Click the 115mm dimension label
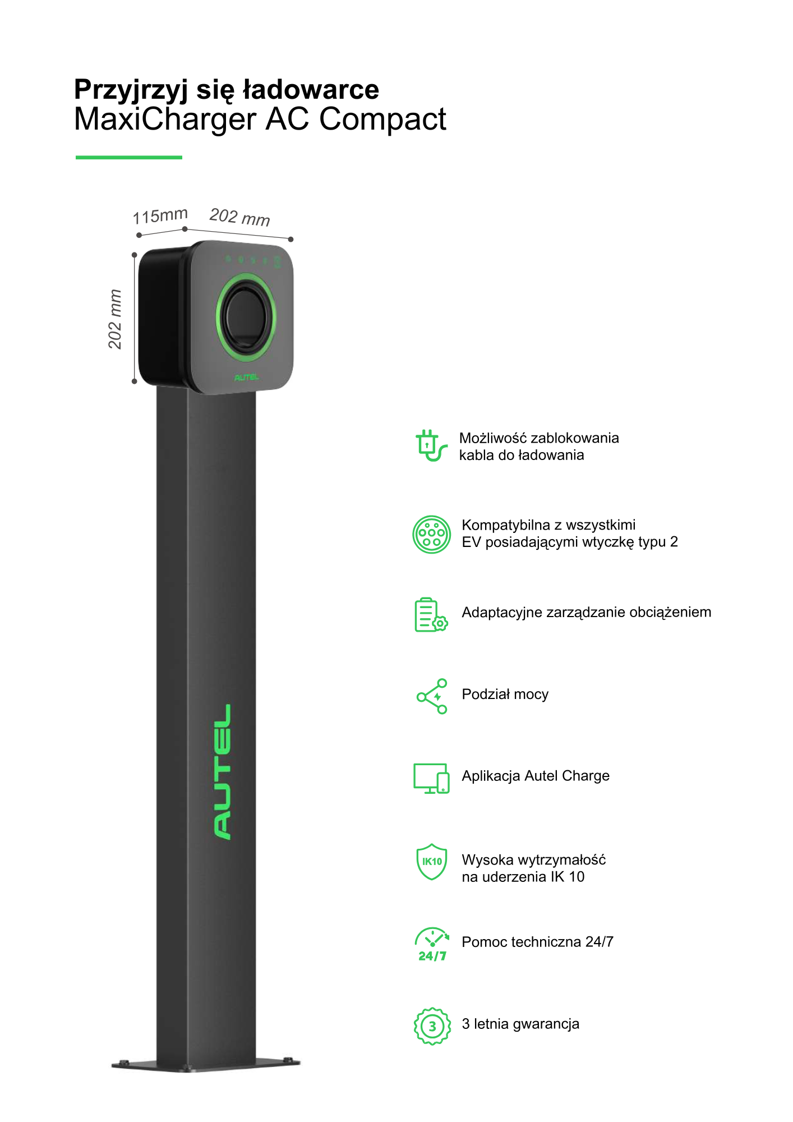[x=160, y=215]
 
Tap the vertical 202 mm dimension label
[x=115, y=319]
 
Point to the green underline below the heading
[x=129, y=158]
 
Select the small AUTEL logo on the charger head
[x=247, y=378]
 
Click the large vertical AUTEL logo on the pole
[x=223, y=772]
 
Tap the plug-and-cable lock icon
[x=431, y=446]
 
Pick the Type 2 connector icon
[x=432, y=535]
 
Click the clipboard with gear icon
[x=431, y=615]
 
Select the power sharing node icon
[x=432, y=696]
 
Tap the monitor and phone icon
[x=431, y=779]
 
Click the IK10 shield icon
[x=432, y=862]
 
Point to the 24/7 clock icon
[x=432, y=945]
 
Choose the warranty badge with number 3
[x=432, y=1026]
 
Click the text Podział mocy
[x=505, y=695]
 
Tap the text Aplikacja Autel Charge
[x=536, y=776]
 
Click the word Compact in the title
[x=382, y=119]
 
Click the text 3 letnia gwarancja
[x=520, y=1024]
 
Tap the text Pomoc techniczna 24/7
[x=537, y=942]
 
